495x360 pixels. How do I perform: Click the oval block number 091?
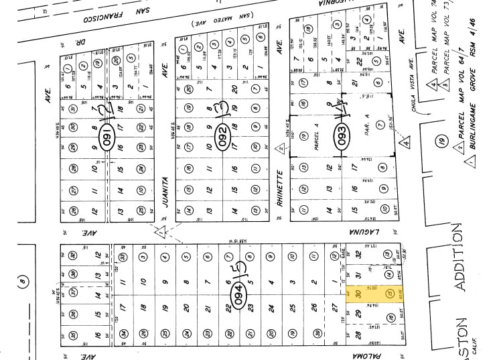point(104,138)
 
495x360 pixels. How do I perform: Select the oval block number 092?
point(222,138)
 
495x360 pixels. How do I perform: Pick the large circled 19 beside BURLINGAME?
point(441,141)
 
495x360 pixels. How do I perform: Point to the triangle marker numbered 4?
point(405,142)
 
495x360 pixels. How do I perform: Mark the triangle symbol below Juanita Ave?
point(160,230)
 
